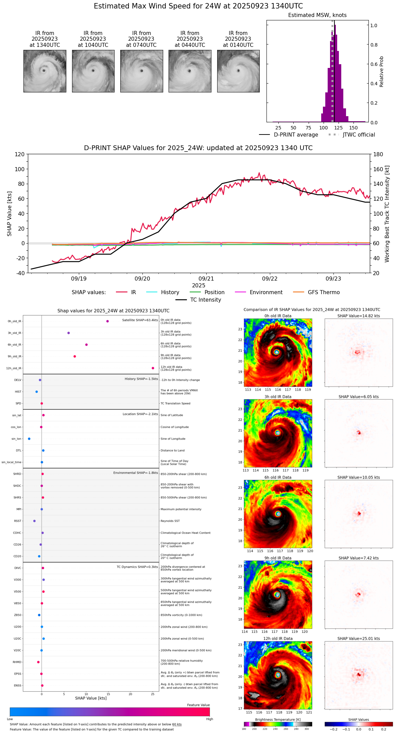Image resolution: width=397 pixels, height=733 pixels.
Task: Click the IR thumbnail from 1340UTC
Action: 45,71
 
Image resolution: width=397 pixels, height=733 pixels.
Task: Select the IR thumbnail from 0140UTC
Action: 238,71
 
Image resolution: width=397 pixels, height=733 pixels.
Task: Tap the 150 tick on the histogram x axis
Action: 353,128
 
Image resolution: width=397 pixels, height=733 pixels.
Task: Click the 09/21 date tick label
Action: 206,279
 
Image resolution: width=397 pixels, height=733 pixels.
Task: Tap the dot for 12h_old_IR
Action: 153,368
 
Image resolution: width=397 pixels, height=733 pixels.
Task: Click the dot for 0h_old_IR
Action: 107,321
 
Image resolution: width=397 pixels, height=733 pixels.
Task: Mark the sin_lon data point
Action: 29,439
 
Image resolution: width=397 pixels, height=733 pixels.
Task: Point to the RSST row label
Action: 18,521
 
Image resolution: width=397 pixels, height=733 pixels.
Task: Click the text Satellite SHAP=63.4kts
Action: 140,320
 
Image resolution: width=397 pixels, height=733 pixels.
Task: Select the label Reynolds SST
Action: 170,521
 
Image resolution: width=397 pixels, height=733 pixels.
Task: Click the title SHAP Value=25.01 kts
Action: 359,639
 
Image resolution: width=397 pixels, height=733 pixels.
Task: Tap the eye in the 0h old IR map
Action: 277,352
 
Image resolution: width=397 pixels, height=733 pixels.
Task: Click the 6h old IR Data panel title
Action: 278,478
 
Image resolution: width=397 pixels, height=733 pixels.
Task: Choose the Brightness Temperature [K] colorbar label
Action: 278,720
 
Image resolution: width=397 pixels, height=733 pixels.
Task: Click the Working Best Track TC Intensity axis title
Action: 387,214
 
